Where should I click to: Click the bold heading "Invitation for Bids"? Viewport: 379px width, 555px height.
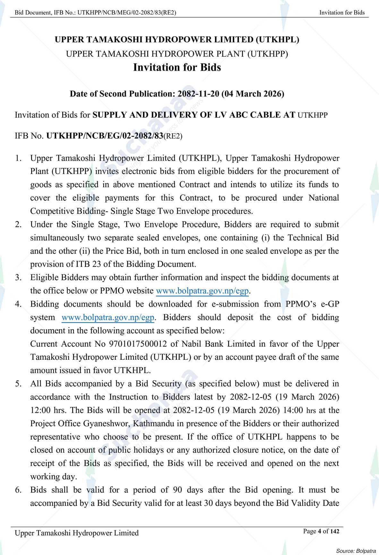177,67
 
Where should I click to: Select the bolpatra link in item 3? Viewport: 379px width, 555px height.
202,291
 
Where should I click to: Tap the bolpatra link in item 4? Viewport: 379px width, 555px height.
108,318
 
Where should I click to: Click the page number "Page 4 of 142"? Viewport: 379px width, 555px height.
321,531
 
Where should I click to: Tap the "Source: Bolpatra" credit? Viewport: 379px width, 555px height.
356,551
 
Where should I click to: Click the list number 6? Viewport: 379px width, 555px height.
18,490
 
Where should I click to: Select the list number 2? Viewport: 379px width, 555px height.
18,225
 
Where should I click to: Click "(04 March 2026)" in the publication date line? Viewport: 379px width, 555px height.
253,94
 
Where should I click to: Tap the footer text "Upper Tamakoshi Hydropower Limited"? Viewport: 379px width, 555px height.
77,533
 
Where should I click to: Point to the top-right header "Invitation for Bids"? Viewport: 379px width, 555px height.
342,13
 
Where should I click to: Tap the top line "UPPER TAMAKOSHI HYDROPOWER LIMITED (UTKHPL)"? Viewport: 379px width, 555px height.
177,40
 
